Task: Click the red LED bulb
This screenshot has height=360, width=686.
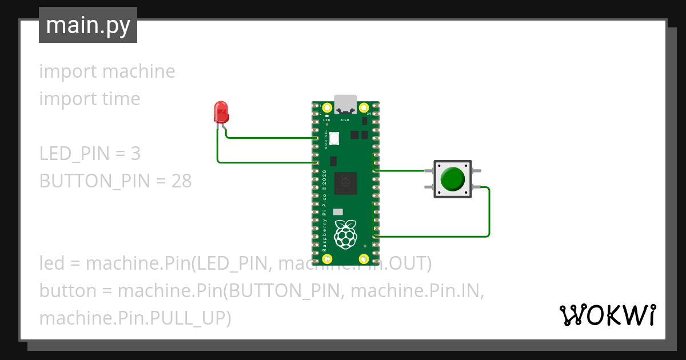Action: tap(221, 111)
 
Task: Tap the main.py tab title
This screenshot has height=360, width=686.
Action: tap(87, 26)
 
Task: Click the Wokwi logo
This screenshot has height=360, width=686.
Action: tap(607, 315)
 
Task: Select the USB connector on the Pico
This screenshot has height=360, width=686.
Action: tap(345, 103)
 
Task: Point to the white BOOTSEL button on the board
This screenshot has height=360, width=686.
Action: tap(334, 138)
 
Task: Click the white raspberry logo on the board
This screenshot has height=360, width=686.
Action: tap(345, 234)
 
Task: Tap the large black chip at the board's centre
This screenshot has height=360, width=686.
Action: tap(345, 183)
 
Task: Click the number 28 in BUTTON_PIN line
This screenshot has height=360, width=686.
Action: tap(181, 181)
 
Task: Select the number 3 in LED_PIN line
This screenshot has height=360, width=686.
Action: tap(135, 154)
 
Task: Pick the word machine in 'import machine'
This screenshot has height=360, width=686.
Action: tap(139, 71)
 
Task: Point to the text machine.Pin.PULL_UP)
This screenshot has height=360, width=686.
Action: tap(135, 318)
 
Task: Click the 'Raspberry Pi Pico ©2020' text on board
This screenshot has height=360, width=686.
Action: tap(325, 211)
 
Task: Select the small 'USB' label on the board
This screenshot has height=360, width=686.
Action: tap(345, 121)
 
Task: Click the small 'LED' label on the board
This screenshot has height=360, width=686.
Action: tap(327, 121)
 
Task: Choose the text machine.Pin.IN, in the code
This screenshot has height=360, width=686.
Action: tap(417, 291)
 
